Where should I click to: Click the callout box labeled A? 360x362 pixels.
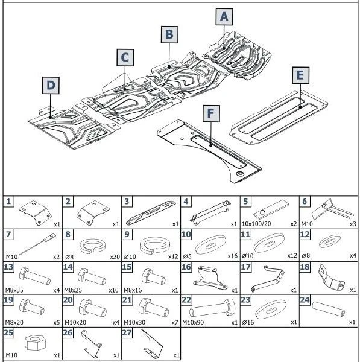[x=224, y=17]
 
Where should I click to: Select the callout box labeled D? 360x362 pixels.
[x=51, y=86]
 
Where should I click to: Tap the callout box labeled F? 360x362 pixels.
[x=211, y=114]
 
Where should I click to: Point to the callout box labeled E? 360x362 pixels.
[x=300, y=75]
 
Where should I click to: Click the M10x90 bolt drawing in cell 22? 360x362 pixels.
[x=212, y=308]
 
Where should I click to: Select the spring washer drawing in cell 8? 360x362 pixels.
[x=93, y=246]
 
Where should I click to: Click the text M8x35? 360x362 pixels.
[x=14, y=290]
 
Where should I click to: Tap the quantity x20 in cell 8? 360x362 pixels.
[x=115, y=257]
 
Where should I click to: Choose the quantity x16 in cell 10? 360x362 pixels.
[x=232, y=256]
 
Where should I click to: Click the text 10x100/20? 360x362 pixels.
[x=256, y=224]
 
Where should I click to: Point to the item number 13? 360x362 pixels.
[x=9, y=267]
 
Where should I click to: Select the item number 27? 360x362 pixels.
[x=127, y=332]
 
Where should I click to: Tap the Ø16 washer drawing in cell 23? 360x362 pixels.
[x=271, y=310]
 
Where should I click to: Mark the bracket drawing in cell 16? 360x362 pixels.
[x=210, y=278]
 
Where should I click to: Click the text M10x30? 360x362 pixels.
[x=134, y=322]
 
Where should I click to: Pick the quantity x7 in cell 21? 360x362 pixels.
[x=175, y=323]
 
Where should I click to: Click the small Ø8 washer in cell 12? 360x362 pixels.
[x=329, y=241]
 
